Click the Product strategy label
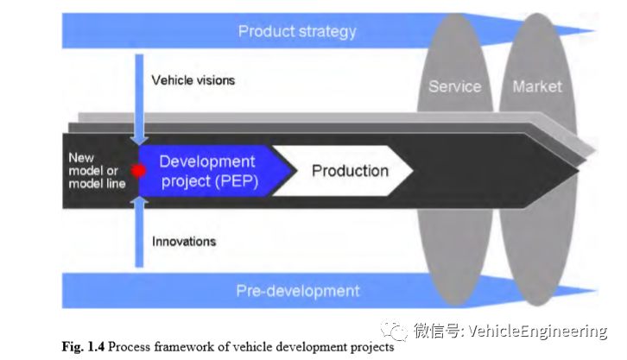click(x=296, y=32)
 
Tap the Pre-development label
click(x=297, y=291)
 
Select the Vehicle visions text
click(x=193, y=80)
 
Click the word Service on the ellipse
click(x=454, y=86)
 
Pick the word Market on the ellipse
click(x=536, y=86)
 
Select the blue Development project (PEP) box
click(x=207, y=170)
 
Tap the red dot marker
click(x=137, y=170)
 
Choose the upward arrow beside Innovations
click(x=138, y=233)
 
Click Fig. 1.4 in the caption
click(x=82, y=347)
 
